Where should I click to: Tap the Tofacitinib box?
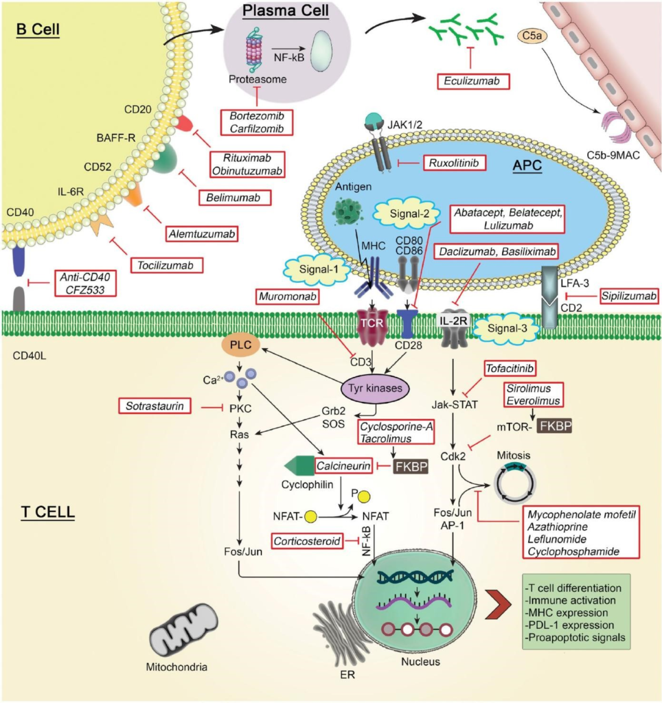click(514, 368)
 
